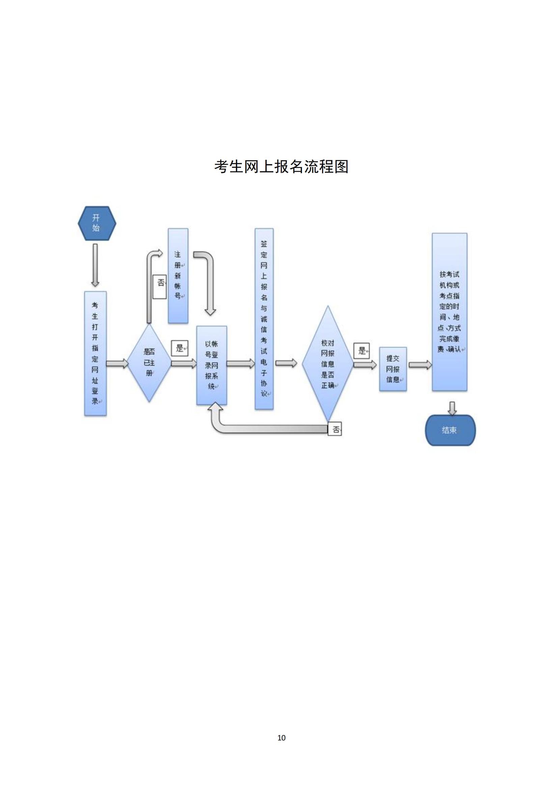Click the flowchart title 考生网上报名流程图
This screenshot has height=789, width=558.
coord(281,166)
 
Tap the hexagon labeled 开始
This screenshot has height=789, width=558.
coord(97,223)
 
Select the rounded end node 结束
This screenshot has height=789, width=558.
coord(450,430)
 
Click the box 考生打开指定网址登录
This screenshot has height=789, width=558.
coord(95,354)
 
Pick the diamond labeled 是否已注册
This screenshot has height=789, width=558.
coord(149,363)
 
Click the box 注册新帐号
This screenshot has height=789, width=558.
coord(178,276)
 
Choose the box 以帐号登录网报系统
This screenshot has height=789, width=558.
coord(212,365)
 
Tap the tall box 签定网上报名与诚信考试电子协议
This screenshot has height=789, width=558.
coord(264,318)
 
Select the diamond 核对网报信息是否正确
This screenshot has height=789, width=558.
coord(328,364)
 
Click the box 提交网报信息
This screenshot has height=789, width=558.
coord(393,369)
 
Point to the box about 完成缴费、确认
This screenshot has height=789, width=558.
coord(449,312)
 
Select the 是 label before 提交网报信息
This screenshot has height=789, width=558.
coord(362,350)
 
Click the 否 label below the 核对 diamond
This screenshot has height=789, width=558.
coord(335,429)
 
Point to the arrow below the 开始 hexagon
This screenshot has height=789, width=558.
coord(95,265)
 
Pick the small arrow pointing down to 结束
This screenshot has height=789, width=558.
coord(452,408)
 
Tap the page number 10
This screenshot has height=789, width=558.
coord(281,737)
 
